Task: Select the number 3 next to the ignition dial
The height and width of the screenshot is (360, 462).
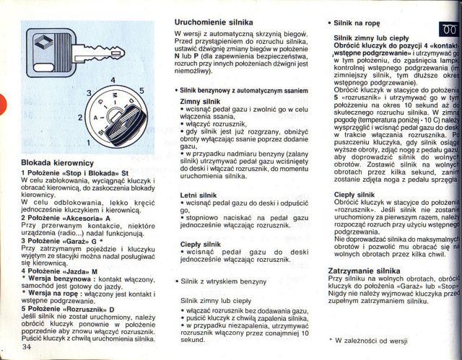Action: [88, 94]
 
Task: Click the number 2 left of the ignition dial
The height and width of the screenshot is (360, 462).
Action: [81, 117]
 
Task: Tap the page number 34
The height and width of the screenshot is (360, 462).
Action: [27, 348]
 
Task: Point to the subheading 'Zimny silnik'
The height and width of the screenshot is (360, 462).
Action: [199, 102]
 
